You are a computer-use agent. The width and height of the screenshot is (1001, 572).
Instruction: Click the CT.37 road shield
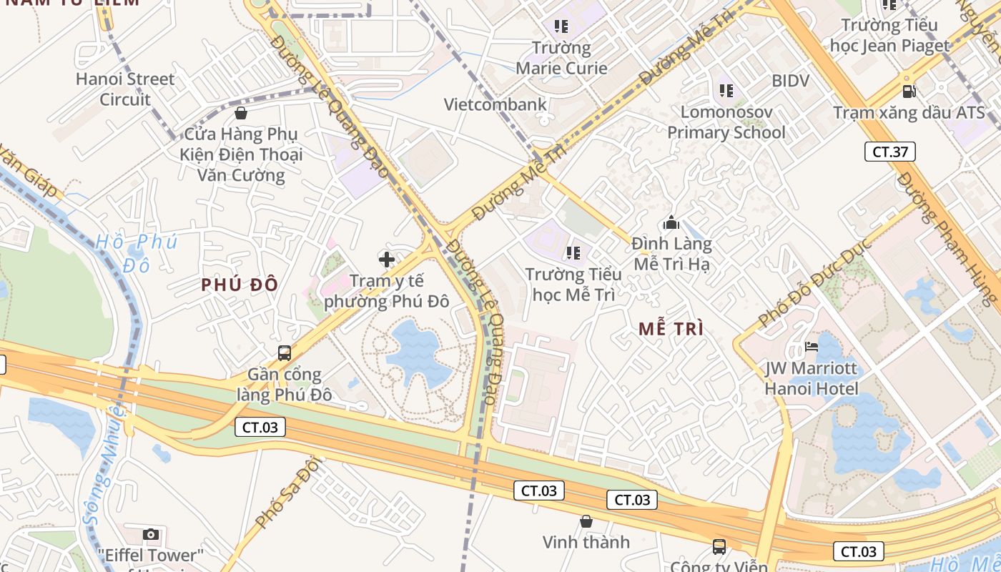[x=889, y=152]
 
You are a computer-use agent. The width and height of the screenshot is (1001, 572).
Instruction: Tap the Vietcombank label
[x=495, y=104]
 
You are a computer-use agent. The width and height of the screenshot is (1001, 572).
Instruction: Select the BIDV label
[x=790, y=81]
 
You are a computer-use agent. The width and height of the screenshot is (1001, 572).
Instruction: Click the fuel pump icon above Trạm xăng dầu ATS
[x=909, y=92]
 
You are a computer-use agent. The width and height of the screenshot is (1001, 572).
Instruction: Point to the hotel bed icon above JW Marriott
[x=812, y=347]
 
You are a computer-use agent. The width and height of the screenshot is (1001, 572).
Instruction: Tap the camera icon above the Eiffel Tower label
[x=150, y=534]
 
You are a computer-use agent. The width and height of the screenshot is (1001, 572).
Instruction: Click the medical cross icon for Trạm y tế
[x=387, y=259]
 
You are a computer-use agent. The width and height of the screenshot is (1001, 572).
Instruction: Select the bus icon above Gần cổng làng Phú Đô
[x=285, y=352]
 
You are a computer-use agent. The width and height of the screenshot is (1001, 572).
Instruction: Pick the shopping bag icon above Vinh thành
[x=586, y=521]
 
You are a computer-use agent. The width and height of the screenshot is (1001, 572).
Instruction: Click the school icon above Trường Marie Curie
[x=561, y=27]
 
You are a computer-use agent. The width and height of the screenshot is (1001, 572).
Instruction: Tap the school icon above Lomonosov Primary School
[x=726, y=91]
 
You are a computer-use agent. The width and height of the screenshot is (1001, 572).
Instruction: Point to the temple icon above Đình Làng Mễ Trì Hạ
[x=671, y=222]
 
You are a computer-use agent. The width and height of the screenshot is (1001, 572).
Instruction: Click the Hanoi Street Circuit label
[x=125, y=89]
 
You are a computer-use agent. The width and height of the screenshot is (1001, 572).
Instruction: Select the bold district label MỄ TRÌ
[x=671, y=329]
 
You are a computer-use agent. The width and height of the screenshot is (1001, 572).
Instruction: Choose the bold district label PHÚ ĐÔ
[x=240, y=285]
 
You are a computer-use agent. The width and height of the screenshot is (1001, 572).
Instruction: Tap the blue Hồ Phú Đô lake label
[x=136, y=252]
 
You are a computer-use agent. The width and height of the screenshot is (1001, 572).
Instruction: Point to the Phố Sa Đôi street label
[x=285, y=494]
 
